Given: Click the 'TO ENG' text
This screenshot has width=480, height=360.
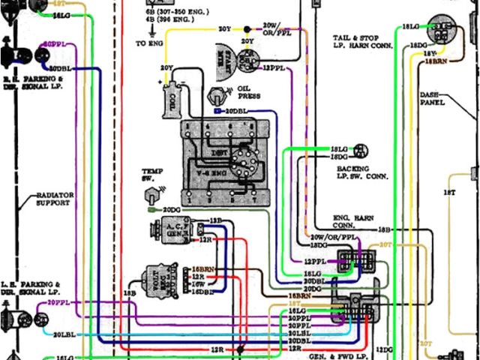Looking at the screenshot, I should (x=148, y=44).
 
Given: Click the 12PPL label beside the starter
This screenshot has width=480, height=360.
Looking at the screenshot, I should (x=273, y=67).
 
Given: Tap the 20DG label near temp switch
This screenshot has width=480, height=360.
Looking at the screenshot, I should (x=172, y=209).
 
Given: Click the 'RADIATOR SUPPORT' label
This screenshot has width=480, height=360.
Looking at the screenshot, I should (x=54, y=199).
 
